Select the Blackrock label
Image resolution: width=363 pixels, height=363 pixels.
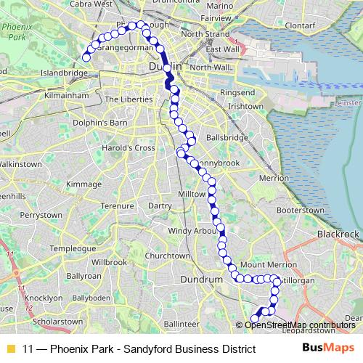[338, 234]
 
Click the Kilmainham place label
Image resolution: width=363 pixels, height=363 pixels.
[66, 94]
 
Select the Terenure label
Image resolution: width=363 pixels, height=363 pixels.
[117, 205]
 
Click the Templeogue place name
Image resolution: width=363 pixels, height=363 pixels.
[73, 248]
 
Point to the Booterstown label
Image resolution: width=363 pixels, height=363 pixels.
[300, 210]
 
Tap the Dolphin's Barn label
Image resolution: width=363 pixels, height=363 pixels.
[105, 123]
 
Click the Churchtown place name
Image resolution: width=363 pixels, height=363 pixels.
[167, 256]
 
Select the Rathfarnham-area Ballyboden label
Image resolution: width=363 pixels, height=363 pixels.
[91, 298]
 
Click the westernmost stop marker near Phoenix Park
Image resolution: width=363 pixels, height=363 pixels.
[86, 57]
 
